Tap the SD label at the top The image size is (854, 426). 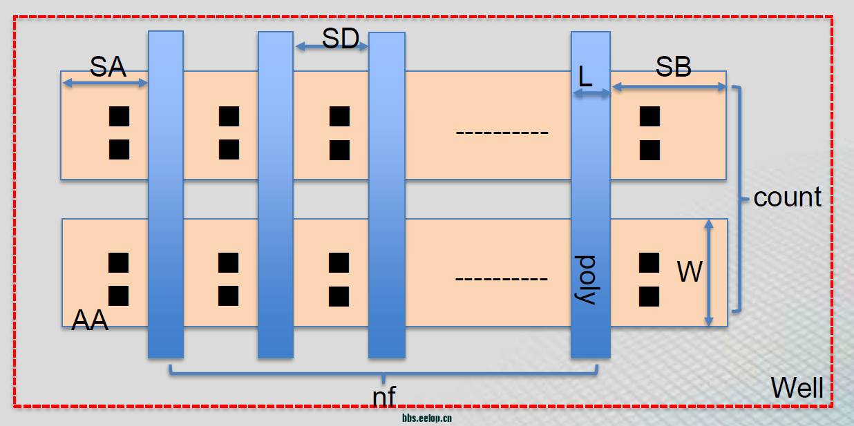341,39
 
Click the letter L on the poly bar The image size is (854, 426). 585,77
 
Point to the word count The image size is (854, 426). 788,197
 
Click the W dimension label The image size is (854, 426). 689,272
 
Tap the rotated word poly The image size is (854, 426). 586,280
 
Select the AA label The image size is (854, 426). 90,320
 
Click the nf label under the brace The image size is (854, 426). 383,396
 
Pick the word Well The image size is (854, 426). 797,388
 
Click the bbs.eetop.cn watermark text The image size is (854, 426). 426,418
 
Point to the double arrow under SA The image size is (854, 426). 106,84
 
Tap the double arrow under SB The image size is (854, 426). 669,87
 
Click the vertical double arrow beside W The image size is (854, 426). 708,273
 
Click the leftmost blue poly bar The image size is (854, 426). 166,193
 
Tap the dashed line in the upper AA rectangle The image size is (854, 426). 502,132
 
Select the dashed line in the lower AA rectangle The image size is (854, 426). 502,280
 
